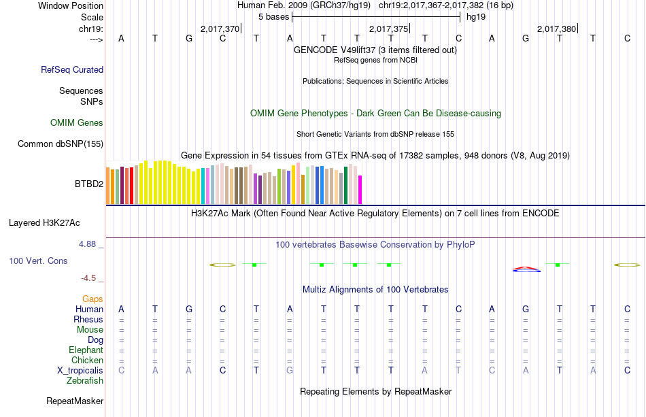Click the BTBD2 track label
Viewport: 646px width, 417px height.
click(x=89, y=184)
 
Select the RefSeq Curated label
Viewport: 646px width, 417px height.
click(x=72, y=69)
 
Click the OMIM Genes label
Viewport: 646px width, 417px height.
click(x=77, y=123)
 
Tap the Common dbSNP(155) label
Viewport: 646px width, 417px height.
click(x=61, y=144)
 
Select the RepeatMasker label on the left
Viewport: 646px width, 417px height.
click(x=75, y=401)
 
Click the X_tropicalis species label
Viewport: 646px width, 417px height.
click(x=80, y=370)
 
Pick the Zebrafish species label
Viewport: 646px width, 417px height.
click(x=85, y=381)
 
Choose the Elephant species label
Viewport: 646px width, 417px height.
click(x=86, y=350)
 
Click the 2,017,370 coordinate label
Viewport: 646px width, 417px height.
click(x=220, y=29)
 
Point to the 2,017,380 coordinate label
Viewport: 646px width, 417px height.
click(x=556, y=29)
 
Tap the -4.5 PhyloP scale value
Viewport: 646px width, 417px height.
click(x=89, y=278)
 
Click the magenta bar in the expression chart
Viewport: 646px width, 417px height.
click(x=360, y=189)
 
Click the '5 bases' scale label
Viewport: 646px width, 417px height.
click(x=273, y=16)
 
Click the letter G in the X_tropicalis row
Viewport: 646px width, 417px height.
click(x=290, y=370)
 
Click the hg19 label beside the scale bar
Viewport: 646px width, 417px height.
click(x=476, y=16)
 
